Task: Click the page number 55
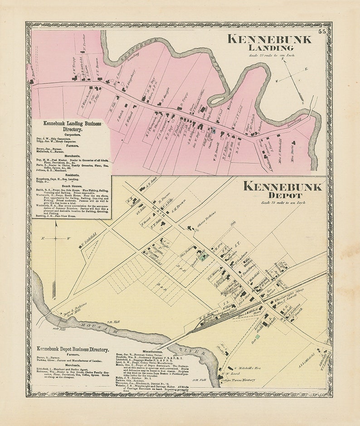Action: [x=321, y=31]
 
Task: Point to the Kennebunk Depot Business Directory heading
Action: [x=73, y=349]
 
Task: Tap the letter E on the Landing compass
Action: [x=306, y=69]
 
